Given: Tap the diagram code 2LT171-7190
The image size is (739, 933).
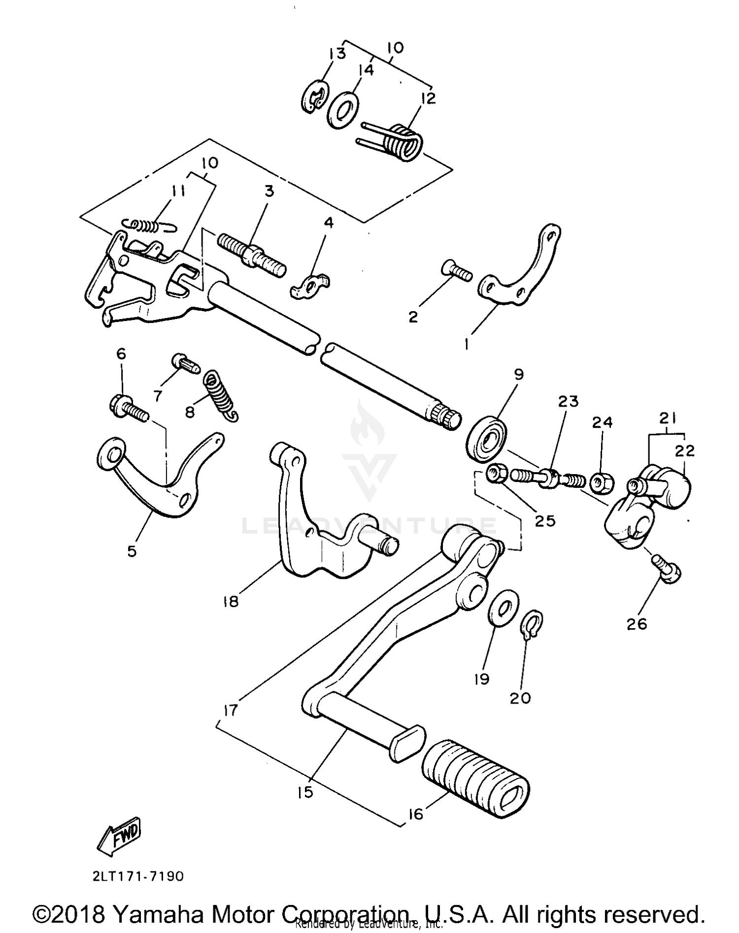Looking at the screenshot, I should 137,877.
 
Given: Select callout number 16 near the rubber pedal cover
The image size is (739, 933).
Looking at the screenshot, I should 416,814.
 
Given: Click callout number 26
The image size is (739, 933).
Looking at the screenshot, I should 637,624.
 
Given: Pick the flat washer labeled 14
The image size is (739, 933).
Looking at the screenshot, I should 343,108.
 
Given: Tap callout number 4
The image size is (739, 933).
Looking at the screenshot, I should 329,223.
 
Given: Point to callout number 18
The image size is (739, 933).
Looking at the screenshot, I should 231,601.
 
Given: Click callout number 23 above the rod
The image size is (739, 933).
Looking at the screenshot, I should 568,401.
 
